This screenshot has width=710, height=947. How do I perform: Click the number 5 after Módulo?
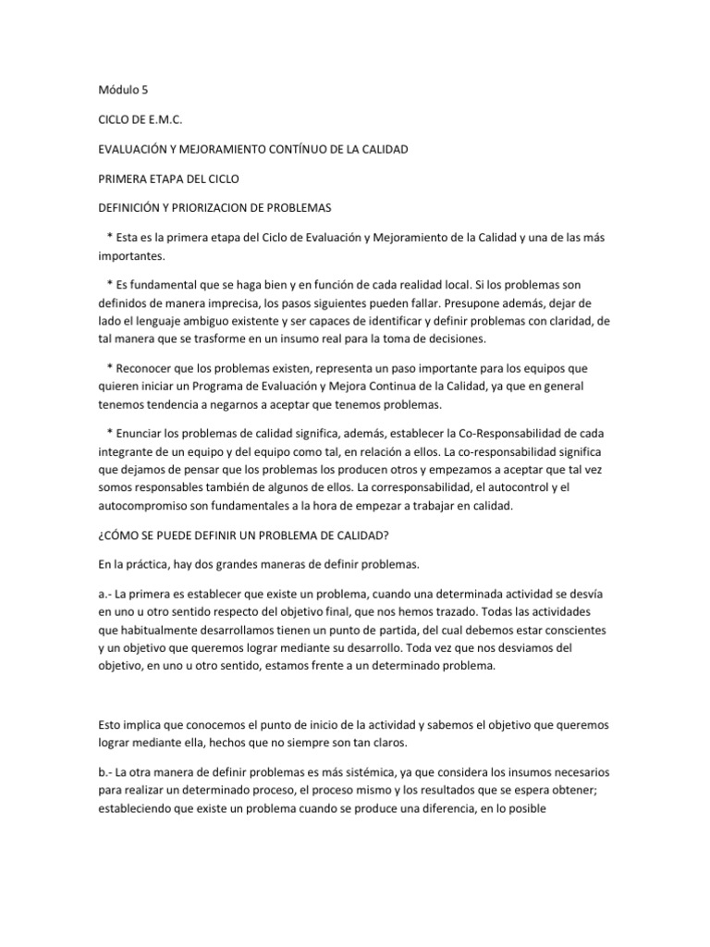pos(144,91)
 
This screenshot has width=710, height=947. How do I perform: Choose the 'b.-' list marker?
pos(106,769)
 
